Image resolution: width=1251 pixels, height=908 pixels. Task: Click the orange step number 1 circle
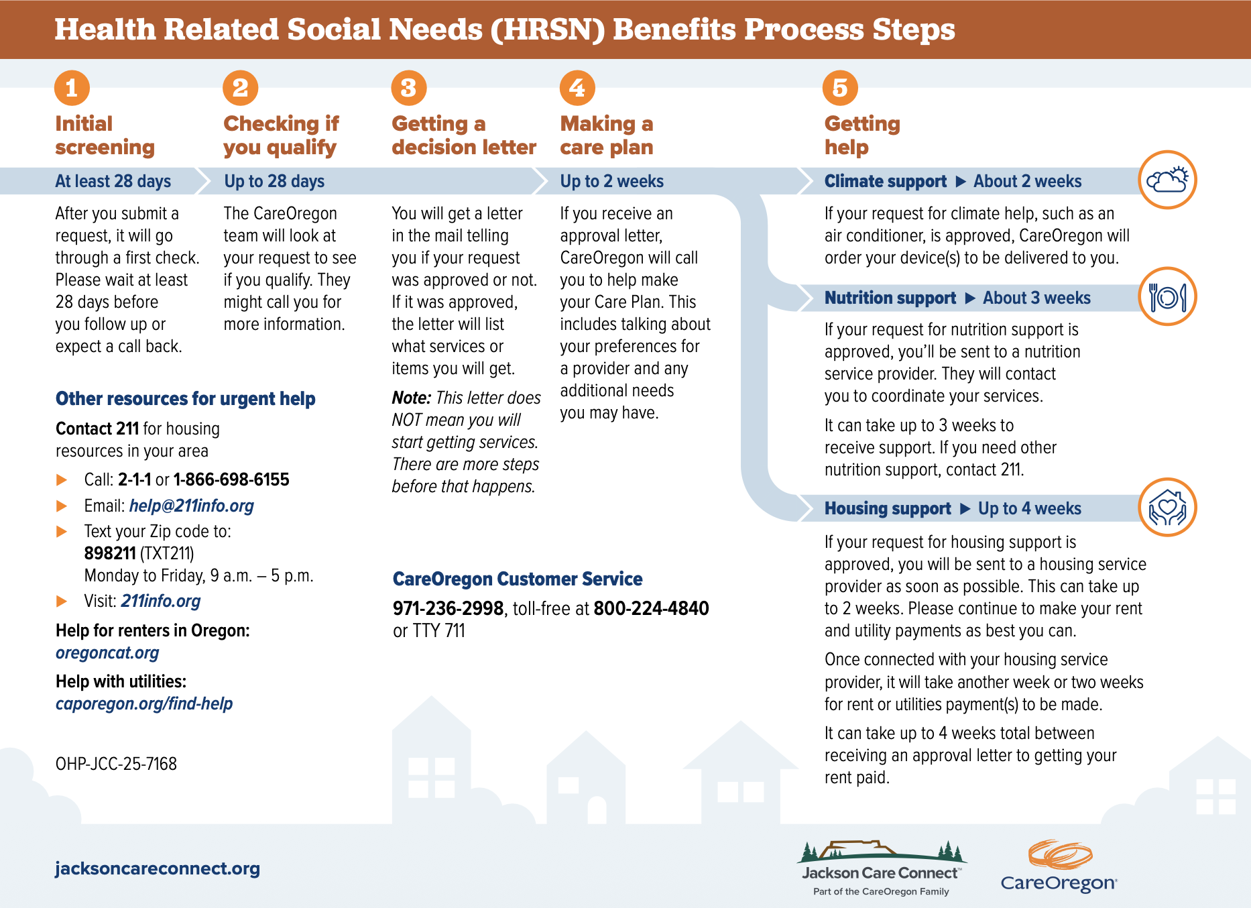coord(72,88)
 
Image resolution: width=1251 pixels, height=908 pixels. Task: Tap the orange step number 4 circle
coord(577,88)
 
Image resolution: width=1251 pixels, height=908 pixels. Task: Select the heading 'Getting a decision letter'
coord(463,135)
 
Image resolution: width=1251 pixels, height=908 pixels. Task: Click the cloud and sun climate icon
coord(1167,180)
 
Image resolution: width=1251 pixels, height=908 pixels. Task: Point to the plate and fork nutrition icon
coord(1167,296)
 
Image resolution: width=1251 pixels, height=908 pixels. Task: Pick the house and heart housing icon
coord(1167,508)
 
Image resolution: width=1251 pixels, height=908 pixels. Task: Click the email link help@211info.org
coord(191,506)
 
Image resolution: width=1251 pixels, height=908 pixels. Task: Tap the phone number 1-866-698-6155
coord(231,479)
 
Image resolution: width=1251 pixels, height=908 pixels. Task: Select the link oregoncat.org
coord(107,652)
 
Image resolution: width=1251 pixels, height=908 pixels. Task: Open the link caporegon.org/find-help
coord(144,703)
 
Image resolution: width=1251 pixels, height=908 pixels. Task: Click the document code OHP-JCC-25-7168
coord(116,764)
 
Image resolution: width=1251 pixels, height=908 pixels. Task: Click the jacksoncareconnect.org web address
coord(158,868)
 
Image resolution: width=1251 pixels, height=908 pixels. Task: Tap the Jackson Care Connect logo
coord(881,867)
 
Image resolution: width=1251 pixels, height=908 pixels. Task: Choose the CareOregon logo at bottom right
coord(1059,866)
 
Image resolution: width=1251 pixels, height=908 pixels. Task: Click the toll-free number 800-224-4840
coord(651,608)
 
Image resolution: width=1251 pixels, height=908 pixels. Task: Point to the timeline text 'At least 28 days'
coord(113,181)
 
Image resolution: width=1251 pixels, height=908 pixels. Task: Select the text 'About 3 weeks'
coord(1036,298)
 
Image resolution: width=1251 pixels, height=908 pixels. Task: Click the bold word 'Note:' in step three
coord(411,398)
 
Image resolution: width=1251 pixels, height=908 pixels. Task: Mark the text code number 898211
coord(110,553)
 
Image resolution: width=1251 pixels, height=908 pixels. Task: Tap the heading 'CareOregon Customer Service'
coord(517,579)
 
